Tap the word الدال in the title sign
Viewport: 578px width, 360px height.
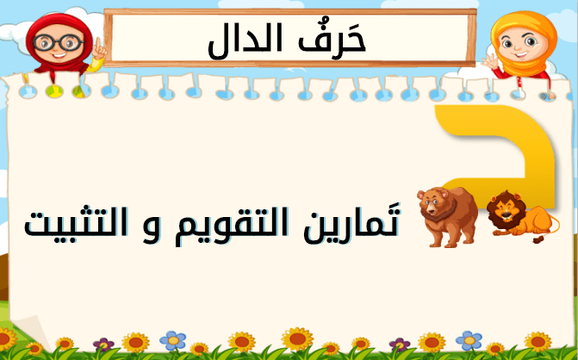pos(245,41)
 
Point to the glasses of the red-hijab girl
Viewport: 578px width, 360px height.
pos(59,42)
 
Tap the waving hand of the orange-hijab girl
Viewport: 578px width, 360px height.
pos(490,61)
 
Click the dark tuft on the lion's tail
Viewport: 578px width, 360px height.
pos(538,239)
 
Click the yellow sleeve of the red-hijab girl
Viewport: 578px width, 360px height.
pos(95,65)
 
